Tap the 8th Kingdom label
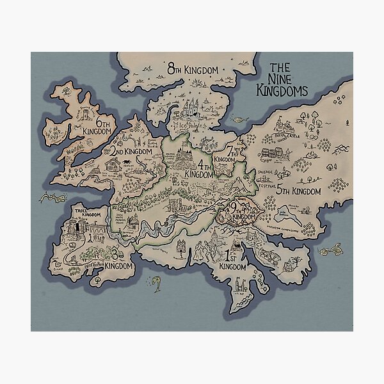(x=193, y=68)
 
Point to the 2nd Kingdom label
(x=131, y=152)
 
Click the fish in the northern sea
(x=238, y=119)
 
